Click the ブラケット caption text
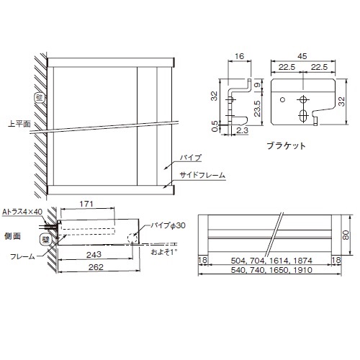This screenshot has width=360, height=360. coord(287,145)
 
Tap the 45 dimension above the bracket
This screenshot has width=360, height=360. coord(302,56)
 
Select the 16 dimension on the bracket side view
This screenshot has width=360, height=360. coord(239,56)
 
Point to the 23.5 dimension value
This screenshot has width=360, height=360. coord(257,109)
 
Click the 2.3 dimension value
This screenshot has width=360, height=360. coord(242,130)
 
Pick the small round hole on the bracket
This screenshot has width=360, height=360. coord(283,99)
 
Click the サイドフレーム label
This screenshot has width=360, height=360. coord(202,175)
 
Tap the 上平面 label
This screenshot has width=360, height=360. coord(19,124)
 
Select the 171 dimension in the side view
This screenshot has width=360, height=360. coord(86,204)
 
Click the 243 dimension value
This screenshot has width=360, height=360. coord(94,254)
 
